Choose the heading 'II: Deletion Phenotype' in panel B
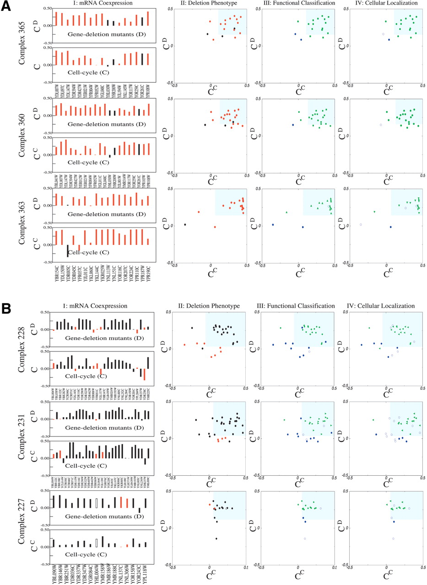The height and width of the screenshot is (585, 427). point(209,306)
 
